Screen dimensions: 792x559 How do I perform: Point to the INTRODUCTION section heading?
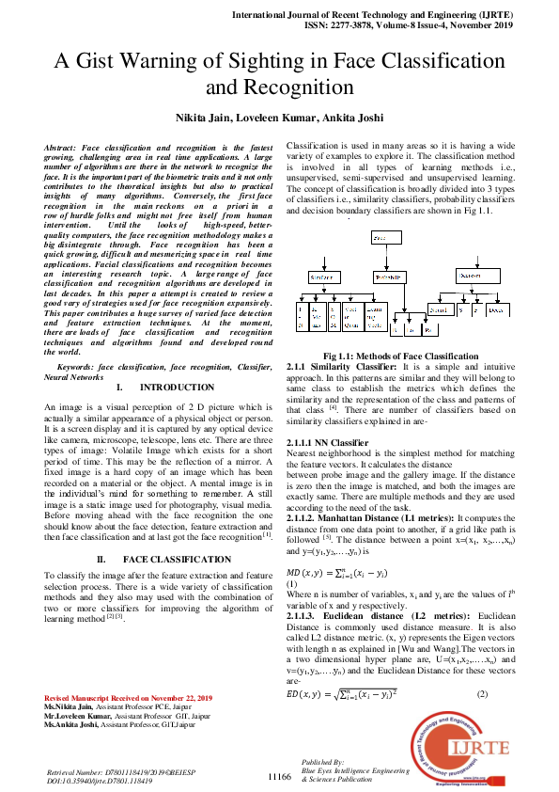click(x=177, y=388)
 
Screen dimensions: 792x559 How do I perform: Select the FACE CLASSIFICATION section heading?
click(x=175, y=559)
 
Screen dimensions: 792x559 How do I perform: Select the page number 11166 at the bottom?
click(x=280, y=777)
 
